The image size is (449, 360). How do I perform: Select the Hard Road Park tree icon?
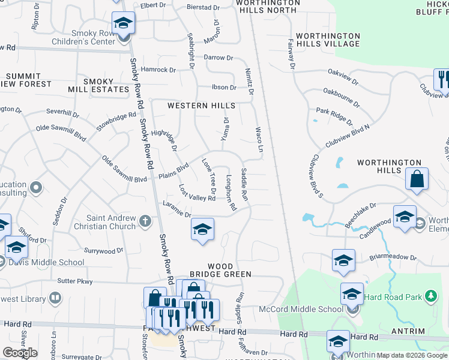click(430, 296)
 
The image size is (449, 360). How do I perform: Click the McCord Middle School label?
click(301, 310)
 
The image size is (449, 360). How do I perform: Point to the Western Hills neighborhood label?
click(201, 106)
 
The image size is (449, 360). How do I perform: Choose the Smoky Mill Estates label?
click(106, 85)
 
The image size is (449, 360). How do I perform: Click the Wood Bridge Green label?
click(220, 270)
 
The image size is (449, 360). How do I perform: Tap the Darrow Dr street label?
click(218, 58)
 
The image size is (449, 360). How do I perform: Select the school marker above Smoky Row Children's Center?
click(124, 25)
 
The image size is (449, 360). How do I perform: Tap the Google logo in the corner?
click(20, 353)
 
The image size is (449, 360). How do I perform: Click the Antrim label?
click(411, 331)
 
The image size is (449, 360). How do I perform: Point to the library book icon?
click(55, 298)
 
